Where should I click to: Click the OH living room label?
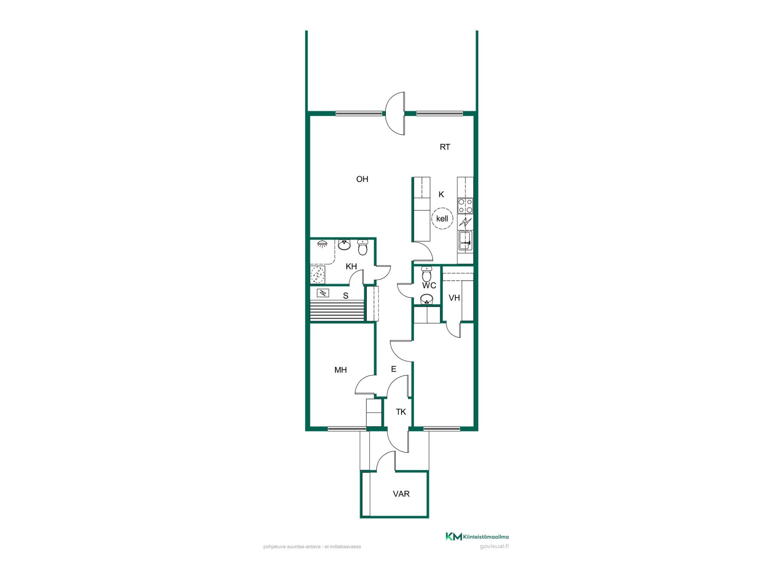tap(362, 179)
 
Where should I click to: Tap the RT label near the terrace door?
tap(444, 147)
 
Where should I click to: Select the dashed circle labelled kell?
tap(442, 219)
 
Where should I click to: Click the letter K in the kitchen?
tap(441, 195)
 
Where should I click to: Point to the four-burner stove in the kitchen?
tap(465, 206)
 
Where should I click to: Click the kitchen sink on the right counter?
tap(465, 241)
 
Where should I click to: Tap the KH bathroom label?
tap(351, 266)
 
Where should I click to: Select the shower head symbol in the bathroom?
tap(322, 244)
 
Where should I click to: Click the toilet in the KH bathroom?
tap(363, 247)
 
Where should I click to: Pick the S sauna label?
tap(345, 296)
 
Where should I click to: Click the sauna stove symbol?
tap(323, 293)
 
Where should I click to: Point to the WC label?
tap(429, 286)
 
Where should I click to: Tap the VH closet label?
tap(454, 298)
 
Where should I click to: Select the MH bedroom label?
tap(341, 370)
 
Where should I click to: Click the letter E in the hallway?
tap(394, 369)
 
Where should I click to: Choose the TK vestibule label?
tap(401, 412)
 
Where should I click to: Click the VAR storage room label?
tap(401, 494)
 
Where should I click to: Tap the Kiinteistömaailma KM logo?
tap(453, 536)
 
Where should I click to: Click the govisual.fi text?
tap(494, 547)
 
